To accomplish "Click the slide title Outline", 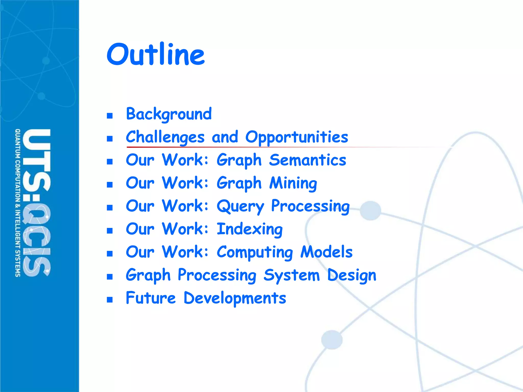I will point(156,54).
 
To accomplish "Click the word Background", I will point(169,114).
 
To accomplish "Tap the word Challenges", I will point(165,137).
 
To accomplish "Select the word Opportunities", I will point(296,137).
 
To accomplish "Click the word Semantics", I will point(307,160).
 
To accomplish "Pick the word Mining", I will point(293,183).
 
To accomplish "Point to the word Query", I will point(240,206).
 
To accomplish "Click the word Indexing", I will point(249,229).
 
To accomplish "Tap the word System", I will point(291,275).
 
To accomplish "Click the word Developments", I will point(235,298).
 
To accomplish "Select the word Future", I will point(151,298).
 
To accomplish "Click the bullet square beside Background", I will point(110,116).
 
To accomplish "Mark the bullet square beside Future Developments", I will point(110,300).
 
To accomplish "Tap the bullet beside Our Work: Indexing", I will point(110,231).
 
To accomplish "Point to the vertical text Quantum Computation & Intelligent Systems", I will point(18,203).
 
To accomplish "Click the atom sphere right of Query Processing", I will point(370,211).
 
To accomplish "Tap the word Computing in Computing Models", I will point(255,252).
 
